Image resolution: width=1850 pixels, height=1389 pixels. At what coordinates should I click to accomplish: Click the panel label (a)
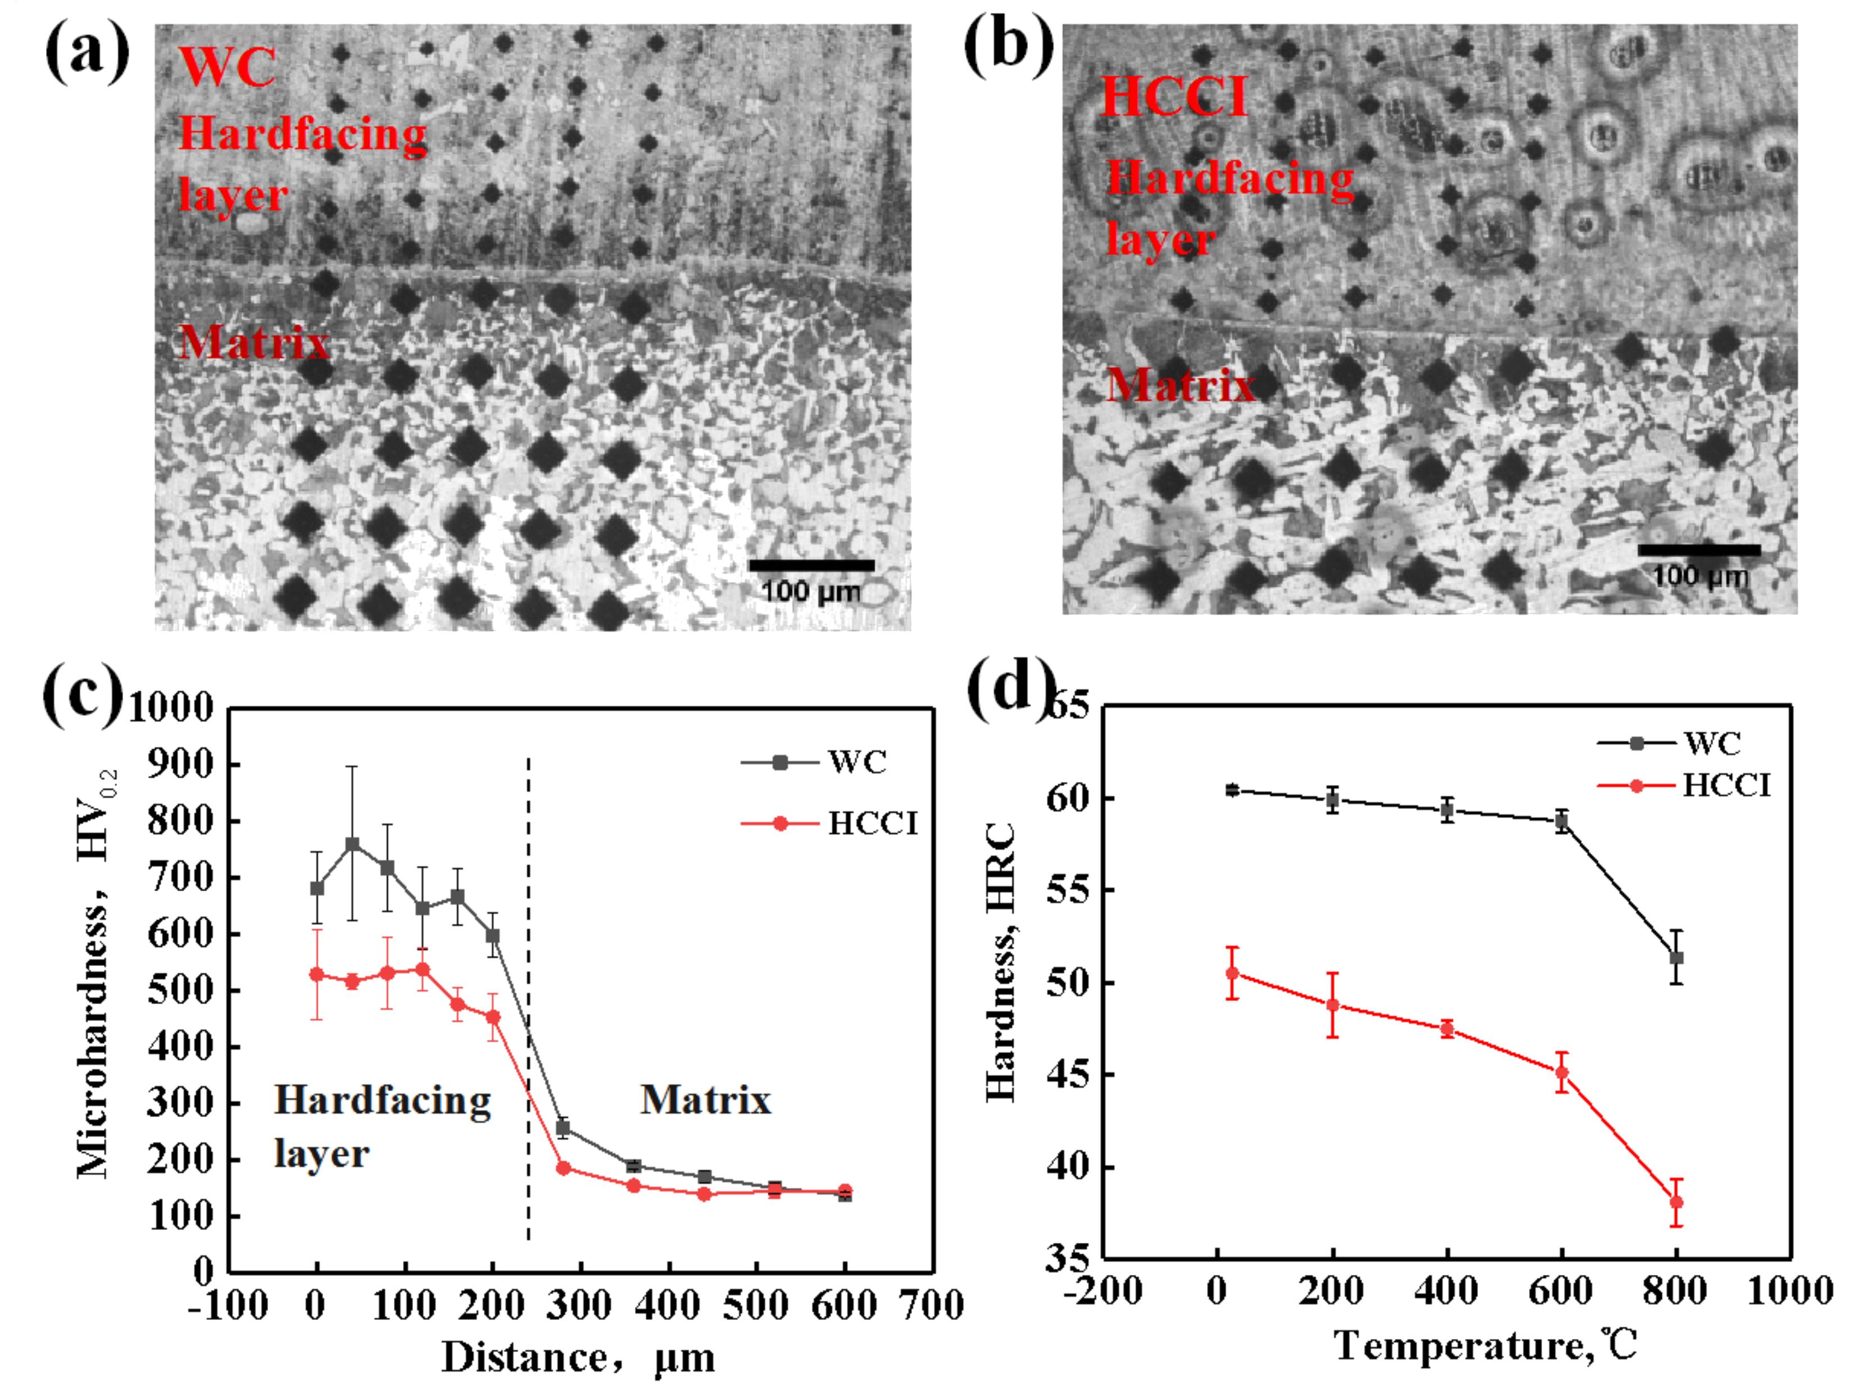87,52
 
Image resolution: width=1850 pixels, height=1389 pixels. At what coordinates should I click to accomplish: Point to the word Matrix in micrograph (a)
254,342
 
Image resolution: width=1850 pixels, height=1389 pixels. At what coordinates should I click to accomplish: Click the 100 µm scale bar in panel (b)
1699,550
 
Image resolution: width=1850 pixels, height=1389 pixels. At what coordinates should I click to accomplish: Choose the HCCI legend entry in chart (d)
1725,785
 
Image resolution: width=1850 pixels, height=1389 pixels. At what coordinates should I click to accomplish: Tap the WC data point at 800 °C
1676,957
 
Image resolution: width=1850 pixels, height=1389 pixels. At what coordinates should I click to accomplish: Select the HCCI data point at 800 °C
1676,1202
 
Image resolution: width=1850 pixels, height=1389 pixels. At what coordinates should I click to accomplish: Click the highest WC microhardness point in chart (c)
352,844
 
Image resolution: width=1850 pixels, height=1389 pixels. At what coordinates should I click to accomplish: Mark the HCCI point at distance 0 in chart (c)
317,974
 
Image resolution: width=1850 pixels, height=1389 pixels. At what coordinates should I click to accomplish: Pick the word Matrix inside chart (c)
705,1100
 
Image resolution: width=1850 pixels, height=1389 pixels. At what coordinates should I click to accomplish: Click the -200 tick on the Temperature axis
1103,1290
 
